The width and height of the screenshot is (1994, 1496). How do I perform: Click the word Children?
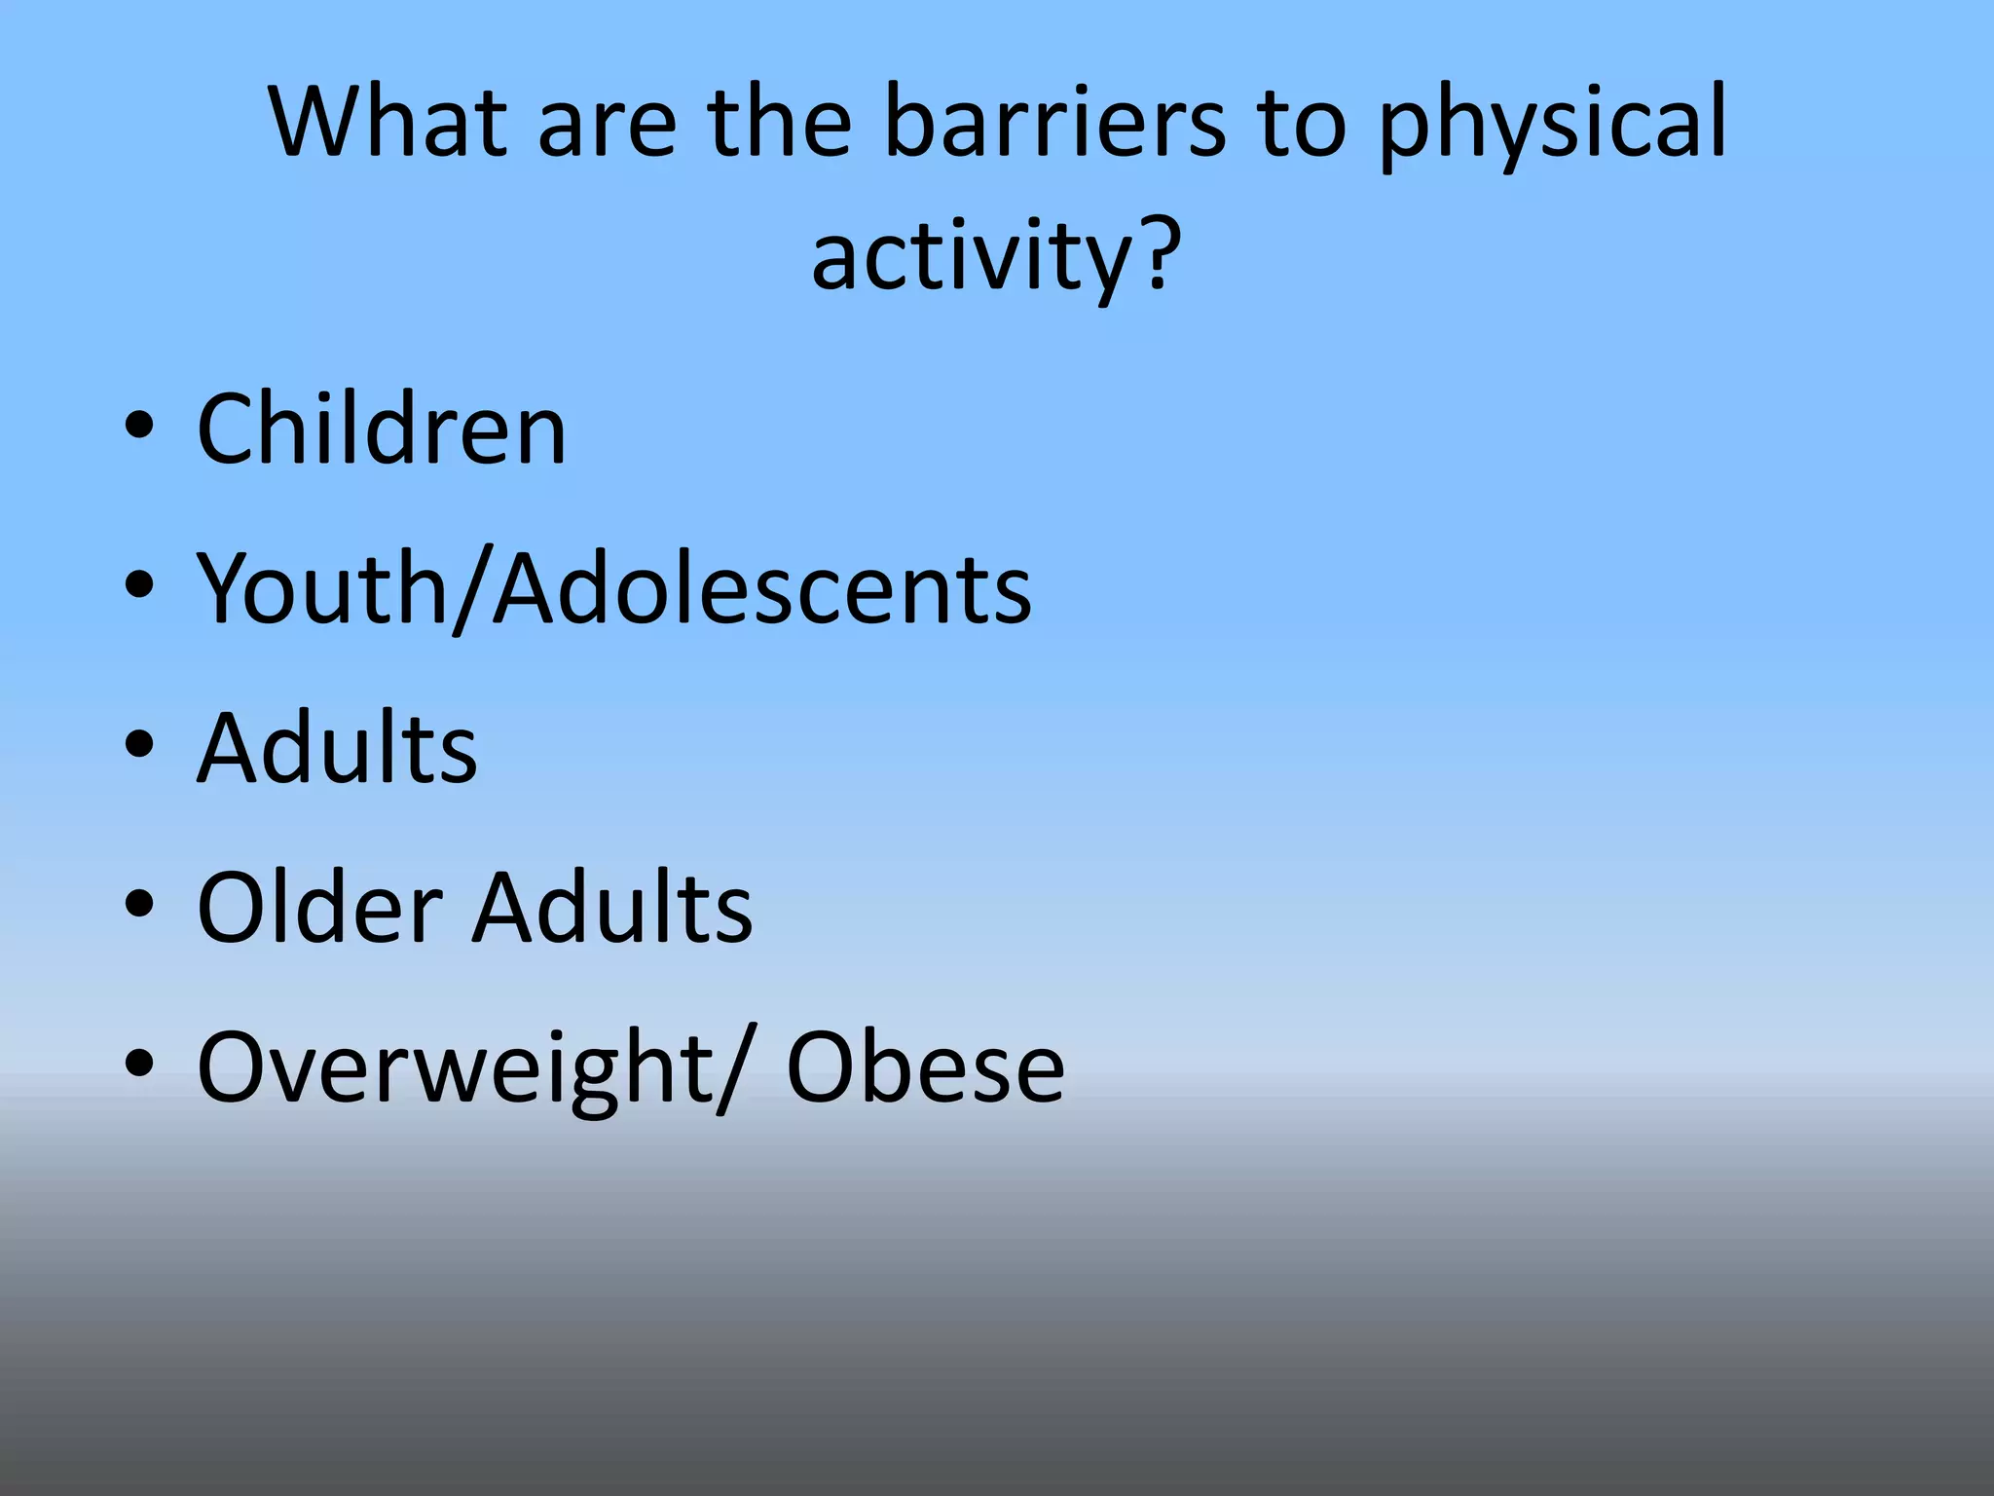click(x=381, y=430)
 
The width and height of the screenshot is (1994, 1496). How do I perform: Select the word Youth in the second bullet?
click(x=321, y=588)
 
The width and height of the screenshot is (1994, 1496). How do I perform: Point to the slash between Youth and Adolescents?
click(x=471, y=590)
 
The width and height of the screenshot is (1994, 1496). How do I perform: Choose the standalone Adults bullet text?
click(x=337, y=747)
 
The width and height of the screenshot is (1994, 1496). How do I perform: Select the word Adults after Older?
click(x=612, y=907)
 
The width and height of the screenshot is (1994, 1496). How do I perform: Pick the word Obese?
click(x=925, y=1068)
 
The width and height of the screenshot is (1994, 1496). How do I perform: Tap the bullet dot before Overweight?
click(x=139, y=1064)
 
